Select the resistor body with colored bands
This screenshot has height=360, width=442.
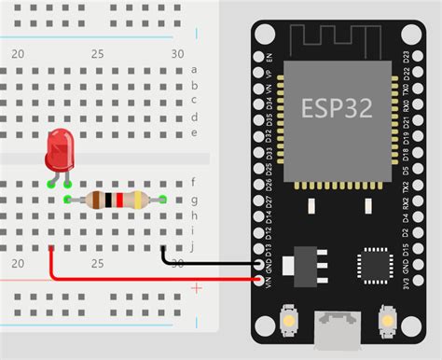coord(115,199)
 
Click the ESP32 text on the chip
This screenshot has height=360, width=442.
coord(337,107)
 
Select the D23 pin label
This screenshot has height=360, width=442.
coord(405,57)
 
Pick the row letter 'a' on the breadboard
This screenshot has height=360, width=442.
coord(193,69)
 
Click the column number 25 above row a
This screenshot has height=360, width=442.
coord(97,53)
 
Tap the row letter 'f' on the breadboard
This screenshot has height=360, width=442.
coord(193,183)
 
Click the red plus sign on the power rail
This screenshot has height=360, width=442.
coord(196,289)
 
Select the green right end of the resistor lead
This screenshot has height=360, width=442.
coord(163,199)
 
